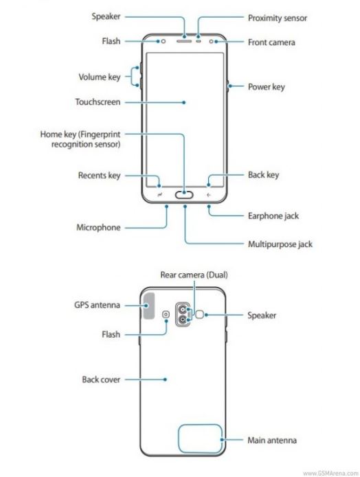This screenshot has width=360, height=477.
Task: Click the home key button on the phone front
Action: click(x=184, y=195)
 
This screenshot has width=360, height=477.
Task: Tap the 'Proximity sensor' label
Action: click(x=277, y=19)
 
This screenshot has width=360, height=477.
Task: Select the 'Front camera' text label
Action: click(x=271, y=43)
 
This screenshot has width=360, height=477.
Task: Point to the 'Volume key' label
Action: click(x=100, y=77)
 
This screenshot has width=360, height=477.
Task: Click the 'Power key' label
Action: click(x=266, y=87)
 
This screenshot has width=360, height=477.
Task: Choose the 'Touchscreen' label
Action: click(x=98, y=102)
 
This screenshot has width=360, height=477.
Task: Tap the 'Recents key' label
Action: click(x=100, y=176)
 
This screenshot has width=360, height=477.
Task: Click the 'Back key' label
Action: click(x=263, y=175)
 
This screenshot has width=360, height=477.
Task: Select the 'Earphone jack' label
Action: click(x=273, y=216)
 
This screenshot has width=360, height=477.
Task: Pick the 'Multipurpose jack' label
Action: click(x=280, y=244)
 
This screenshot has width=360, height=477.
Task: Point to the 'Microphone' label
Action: click(x=98, y=228)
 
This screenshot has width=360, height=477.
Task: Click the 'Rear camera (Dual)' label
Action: click(x=194, y=275)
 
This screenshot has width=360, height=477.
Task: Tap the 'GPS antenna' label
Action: click(x=97, y=305)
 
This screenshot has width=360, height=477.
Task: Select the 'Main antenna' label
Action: click(x=272, y=440)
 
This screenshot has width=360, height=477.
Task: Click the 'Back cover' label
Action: click(x=101, y=380)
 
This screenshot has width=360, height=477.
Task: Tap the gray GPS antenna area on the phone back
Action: click(x=148, y=305)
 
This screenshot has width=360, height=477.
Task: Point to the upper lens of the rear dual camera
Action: click(x=183, y=310)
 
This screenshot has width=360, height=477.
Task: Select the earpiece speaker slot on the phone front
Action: click(x=184, y=40)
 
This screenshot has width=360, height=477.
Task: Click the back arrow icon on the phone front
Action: click(x=209, y=195)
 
